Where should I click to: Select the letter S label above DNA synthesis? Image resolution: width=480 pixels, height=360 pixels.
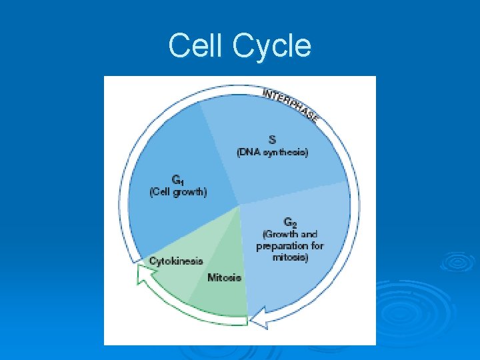[x=272, y=139]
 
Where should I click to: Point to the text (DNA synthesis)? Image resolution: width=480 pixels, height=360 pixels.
[x=272, y=152]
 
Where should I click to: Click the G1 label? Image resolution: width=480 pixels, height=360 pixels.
[x=177, y=179]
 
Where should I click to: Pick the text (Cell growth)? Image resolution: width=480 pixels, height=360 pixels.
[x=177, y=192]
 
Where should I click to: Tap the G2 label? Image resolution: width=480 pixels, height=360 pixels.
[x=290, y=221]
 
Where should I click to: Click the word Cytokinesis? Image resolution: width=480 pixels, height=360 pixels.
[x=176, y=261]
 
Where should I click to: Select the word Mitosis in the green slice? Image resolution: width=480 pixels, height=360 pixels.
[x=224, y=277]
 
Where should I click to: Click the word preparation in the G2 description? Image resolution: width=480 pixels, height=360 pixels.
[x=281, y=245]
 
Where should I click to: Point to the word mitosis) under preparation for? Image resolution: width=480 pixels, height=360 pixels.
[x=291, y=257]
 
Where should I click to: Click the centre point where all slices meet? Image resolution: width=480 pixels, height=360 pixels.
[x=239, y=205]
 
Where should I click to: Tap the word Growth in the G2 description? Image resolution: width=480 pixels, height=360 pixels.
[x=280, y=234]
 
